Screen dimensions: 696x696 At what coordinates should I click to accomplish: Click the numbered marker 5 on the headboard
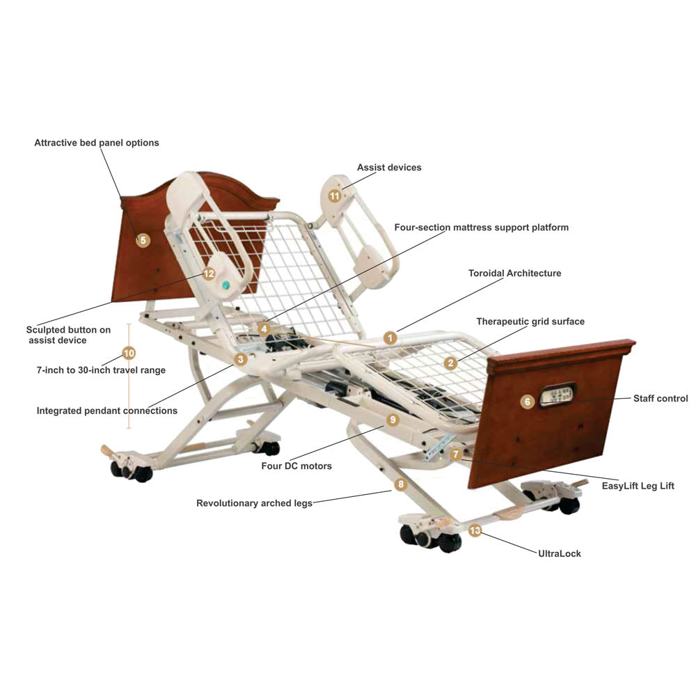coord(143,241)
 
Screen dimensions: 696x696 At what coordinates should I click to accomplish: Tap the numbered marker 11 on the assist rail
coord(335,196)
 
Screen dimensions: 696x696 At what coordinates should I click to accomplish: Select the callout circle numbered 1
coord(390,338)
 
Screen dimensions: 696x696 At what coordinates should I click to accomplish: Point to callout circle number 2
coord(451,363)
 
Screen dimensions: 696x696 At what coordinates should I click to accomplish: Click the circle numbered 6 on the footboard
coord(528,402)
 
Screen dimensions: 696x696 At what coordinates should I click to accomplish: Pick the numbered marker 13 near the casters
coord(475,531)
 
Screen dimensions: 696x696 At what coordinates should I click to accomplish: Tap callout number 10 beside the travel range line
coord(129,353)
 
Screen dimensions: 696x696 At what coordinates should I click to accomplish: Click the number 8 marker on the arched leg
coord(400,484)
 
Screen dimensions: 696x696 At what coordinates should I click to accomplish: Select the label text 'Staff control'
coord(660,399)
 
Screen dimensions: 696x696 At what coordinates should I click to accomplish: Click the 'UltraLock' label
coord(560,554)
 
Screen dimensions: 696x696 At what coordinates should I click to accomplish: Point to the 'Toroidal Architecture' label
coord(514,274)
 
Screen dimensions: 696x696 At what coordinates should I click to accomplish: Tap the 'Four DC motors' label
coord(296,466)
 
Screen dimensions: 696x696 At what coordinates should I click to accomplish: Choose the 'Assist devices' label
coord(389,168)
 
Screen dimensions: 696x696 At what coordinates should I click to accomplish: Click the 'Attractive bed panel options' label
coord(97,143)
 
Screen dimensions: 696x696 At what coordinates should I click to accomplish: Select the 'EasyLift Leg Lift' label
coord(638,487)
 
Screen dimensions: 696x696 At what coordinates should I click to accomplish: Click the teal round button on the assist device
coord(226,285)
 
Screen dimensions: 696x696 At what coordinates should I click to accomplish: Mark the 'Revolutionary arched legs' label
coord(254,503)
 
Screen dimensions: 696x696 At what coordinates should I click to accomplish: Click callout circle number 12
coord(209,274)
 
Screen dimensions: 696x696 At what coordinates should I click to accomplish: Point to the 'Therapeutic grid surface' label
coord(530,322)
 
